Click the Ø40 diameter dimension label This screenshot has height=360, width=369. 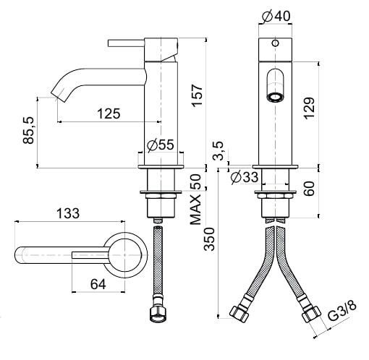point(276,17)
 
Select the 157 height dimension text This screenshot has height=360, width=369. point(197,95)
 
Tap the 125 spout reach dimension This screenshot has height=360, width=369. point(109,113)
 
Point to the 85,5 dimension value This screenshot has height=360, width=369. point(29,130)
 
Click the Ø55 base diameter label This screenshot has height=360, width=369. point(160,145)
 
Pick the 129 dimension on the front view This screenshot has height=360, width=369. point(309,108)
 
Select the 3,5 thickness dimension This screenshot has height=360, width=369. point(219,151)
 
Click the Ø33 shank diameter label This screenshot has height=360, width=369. point(244,178)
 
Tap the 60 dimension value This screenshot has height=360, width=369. point(309,189)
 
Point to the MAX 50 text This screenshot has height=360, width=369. point(195,200)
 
